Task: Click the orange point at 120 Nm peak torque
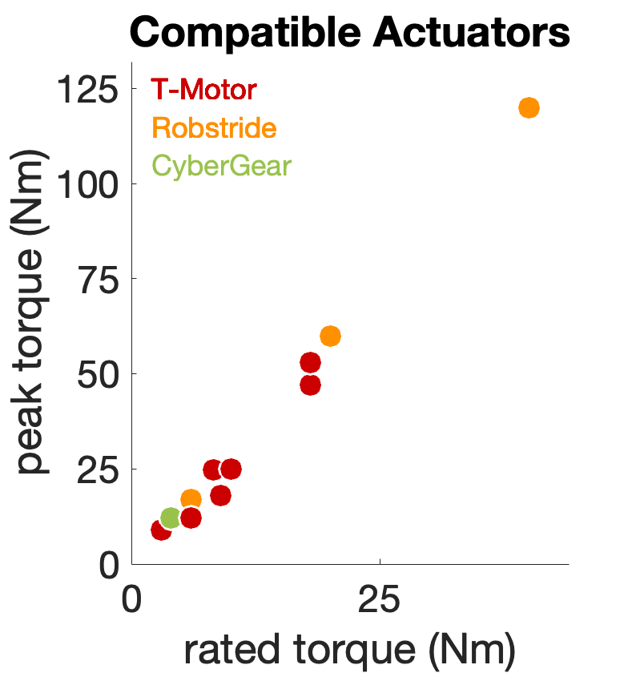pyautogui.click(x=529, y=107)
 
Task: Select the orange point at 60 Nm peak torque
pyautogui.click(x=330, y=336)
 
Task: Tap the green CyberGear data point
pyautogui.click(x=171, y=518)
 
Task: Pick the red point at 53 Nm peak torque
pyautogui.click(x=310, y=362)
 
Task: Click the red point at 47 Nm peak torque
pyautogui.click(x=310, y=385)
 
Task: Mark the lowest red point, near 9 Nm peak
pyautogui.click(x=161, y=530)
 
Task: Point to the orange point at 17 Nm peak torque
pyautogui.click(x=191, y=499)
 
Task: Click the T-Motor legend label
pyautogui.click(x=203, y=89)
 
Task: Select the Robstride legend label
pyautogui.click(x=213, y=128)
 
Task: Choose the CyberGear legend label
pyautogui.click(x=221, y=167)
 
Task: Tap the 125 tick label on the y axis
pyautogui.click(x=87, y=89)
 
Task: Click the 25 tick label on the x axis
pyautogui.click(x=380, y=598)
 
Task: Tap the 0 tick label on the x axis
pyautogui.click(x=132, y=598)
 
